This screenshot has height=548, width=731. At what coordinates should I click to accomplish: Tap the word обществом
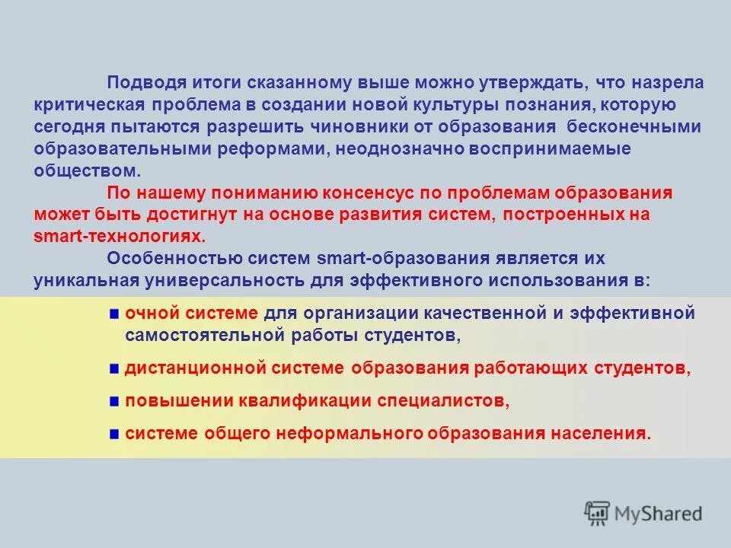(76, 170)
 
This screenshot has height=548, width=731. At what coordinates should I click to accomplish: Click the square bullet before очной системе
(113, 313)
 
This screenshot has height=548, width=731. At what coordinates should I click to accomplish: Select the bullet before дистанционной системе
(113, 368)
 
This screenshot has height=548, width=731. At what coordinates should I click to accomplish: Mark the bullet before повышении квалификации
(113, 401)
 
